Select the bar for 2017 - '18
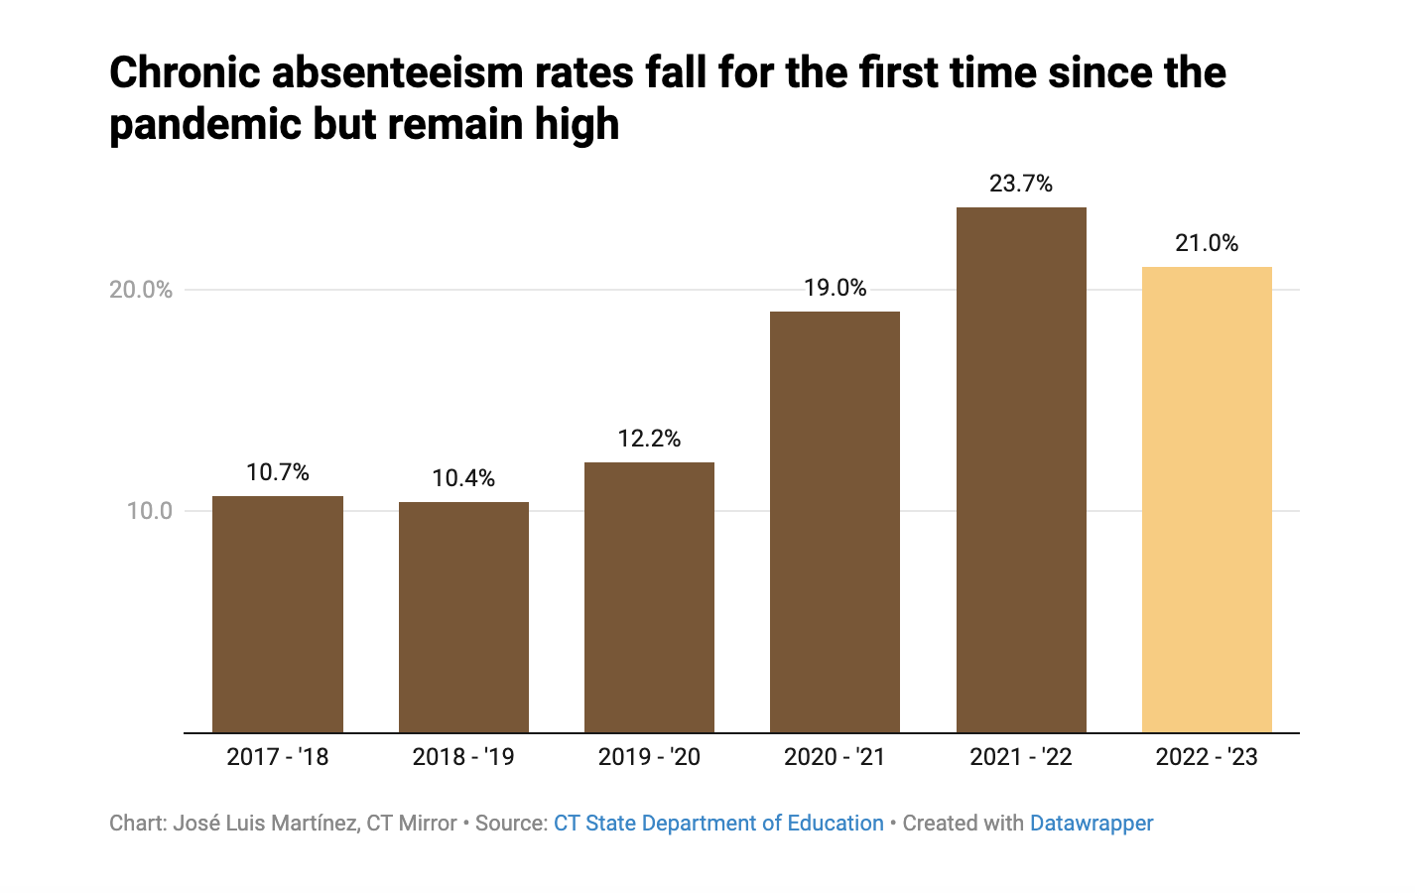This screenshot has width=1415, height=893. (x=278, y=614)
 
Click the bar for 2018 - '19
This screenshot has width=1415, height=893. (x=463, y=617)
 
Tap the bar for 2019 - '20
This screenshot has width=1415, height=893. (x=649, y=597)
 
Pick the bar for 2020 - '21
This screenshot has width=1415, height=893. (x=835, y=522)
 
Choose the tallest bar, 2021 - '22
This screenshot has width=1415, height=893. (x=1021, y=470)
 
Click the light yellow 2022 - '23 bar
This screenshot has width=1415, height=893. (x=1207, y=500)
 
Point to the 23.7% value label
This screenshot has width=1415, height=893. (x=1021, y=184)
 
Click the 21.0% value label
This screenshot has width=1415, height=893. (x=1207, y=243)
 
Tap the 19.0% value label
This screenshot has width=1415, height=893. (x=835, y=288)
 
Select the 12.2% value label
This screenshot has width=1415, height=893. (x=649, y=439)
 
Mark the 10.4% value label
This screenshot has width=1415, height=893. (x=463, y=478)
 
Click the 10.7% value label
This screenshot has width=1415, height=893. (x=278, y=472)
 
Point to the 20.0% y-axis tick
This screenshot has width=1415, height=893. (x=141, y=290)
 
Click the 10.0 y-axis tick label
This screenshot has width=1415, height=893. (x=149, y=511)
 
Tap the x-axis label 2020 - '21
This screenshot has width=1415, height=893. (x=835, y=757)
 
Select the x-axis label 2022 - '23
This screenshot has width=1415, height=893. (x=1207, y=757)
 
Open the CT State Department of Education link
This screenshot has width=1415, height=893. (x=718, y=824)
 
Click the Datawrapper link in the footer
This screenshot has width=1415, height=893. (x=1092, y=824)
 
